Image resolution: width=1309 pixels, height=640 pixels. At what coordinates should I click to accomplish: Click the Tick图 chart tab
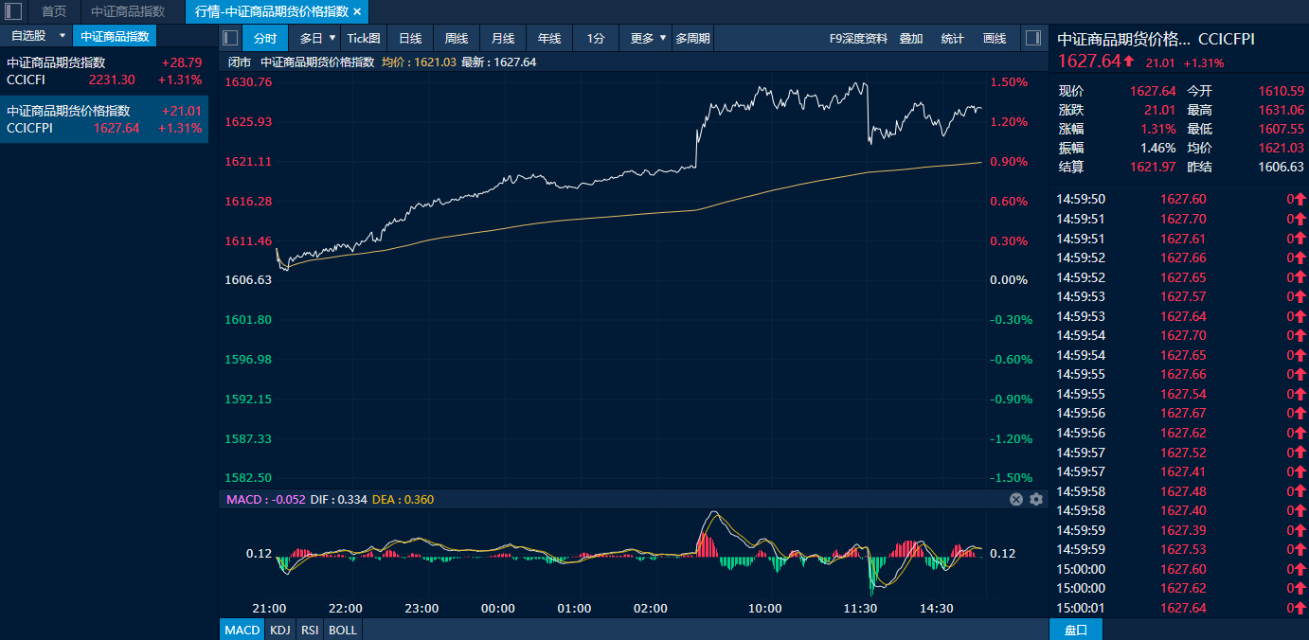[364, 39]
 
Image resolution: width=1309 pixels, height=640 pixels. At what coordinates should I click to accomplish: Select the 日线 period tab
[410, 39]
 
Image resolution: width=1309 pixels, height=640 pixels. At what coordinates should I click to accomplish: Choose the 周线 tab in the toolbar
[457, 39]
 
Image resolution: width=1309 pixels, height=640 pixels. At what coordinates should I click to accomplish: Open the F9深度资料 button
[858, 39]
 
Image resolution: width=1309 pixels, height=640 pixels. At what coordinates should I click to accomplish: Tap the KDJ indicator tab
[280, 631]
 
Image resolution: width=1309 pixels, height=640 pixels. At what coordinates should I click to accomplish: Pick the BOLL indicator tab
[343, 631]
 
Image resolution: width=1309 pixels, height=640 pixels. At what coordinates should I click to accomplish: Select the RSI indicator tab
[310, 631]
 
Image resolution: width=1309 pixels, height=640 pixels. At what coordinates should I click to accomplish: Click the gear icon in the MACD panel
[1036, 499]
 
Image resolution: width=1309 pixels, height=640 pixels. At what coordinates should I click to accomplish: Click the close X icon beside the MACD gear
[1016, 499]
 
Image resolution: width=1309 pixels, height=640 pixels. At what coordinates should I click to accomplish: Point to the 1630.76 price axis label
[248, 81]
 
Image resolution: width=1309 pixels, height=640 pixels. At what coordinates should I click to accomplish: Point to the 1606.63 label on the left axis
[248, 279]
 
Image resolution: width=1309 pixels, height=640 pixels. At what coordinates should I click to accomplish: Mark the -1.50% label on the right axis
[1011, 478]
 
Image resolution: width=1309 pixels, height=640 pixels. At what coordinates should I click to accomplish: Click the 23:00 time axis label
[421, 608]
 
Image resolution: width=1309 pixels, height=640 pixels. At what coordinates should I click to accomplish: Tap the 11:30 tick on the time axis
[860, 608]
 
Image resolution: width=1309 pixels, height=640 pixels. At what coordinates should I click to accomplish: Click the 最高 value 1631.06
[1281, 110]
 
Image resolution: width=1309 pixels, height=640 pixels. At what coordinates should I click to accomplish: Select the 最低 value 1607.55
[1281, 129]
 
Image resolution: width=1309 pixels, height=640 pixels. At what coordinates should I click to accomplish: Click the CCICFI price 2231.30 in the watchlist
[112, 80]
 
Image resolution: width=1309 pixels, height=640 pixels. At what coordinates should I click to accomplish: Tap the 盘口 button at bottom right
[1076, 631]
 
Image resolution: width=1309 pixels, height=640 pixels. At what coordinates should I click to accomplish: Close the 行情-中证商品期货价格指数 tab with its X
[357, 11]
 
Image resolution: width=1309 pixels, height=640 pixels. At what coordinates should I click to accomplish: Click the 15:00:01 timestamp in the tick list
[1081, 608]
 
